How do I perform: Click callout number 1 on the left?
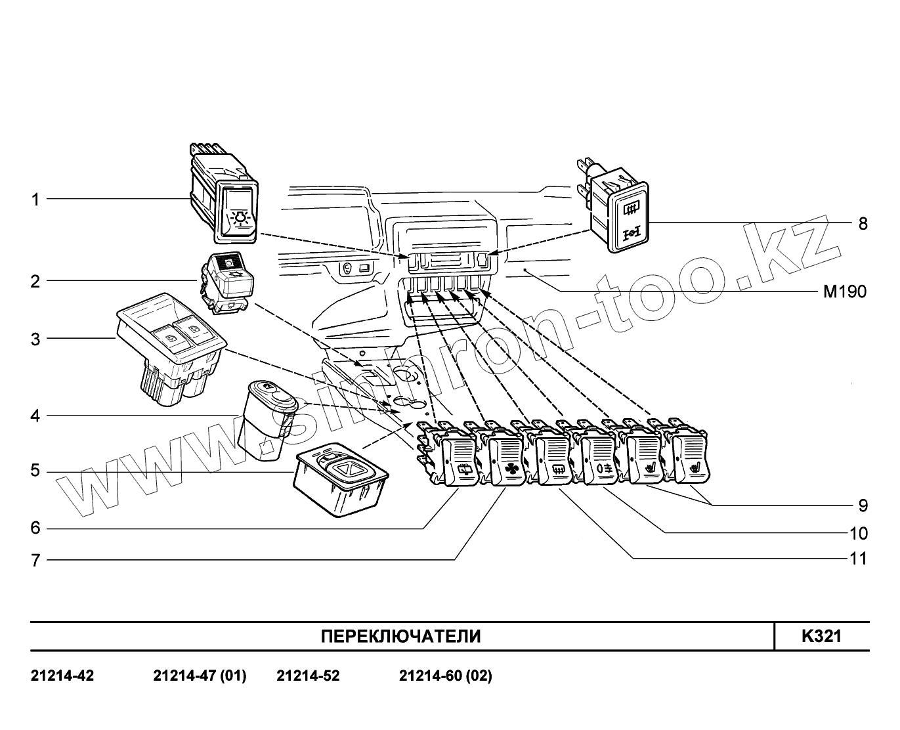[35, 199]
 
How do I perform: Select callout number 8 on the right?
[863, 224]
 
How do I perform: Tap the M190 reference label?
[845, 291]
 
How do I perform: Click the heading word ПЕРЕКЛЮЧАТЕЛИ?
[400, 636]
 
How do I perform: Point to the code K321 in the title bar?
[821, 636]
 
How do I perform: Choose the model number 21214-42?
[62, 676]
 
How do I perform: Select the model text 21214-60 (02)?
[445, 676]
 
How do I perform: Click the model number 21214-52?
[308, 676]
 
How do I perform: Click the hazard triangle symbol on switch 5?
[349, 469]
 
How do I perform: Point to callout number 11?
[858, 559]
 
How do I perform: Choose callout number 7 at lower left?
[35, 561]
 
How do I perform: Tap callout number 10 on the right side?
[858, 532]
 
